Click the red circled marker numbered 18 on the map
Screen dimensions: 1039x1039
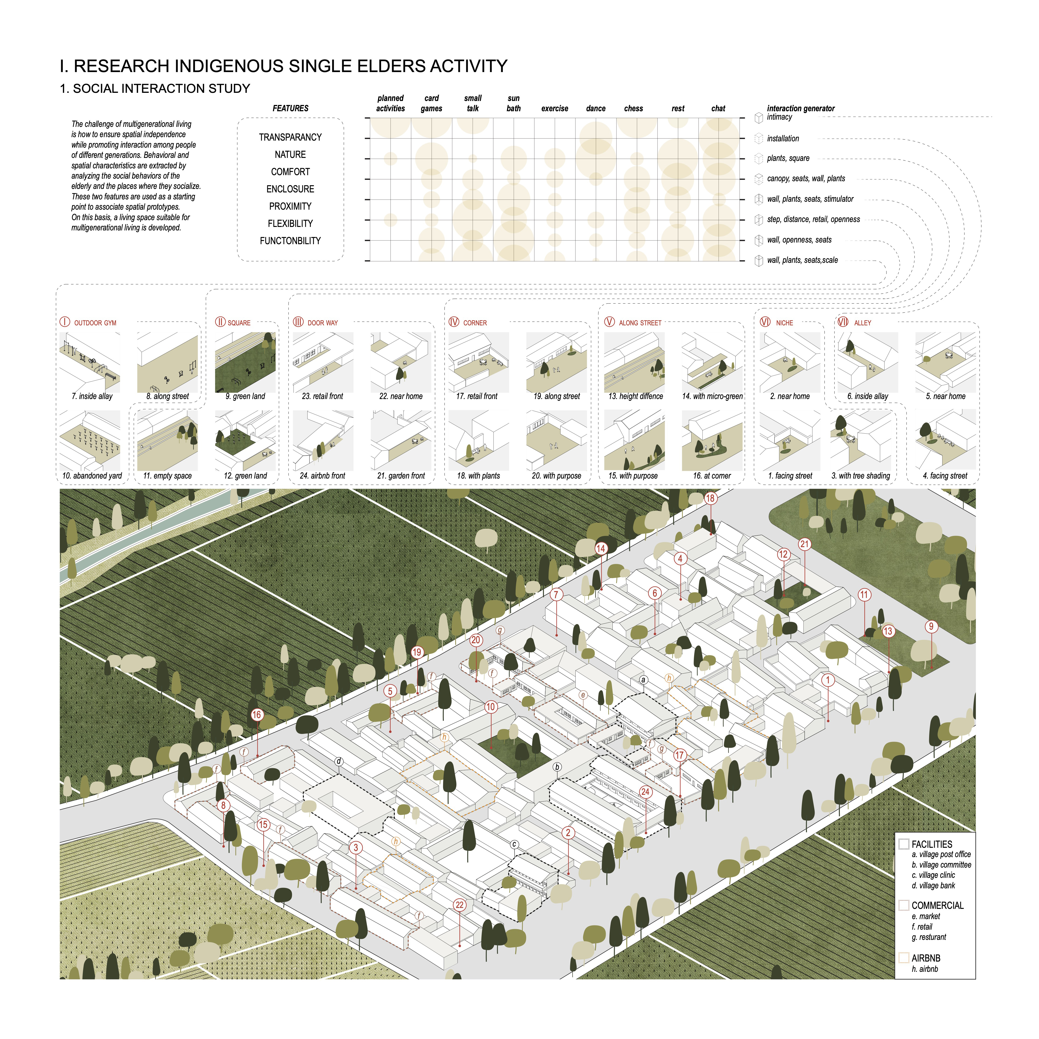click(710, 498)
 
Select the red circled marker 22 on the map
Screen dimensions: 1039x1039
click(459, 905)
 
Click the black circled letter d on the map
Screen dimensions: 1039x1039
click(339, 761)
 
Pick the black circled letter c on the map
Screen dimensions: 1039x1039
click(514, 844)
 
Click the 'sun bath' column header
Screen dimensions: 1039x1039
click(514, 103)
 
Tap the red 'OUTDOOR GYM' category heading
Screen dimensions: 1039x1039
click(95, 323)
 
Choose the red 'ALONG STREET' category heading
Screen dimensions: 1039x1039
click(639, 323)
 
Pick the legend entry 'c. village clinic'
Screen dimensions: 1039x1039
click(933, 875)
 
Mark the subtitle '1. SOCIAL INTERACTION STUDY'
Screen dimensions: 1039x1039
click(155, 89)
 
